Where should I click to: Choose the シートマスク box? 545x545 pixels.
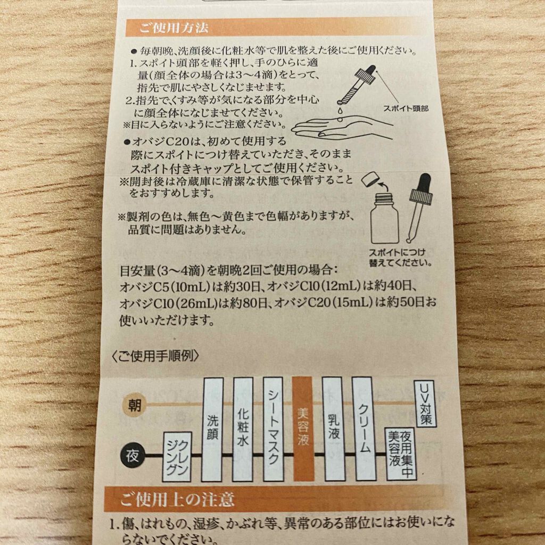click(273, 428)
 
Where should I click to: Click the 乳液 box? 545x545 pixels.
click(334, 428)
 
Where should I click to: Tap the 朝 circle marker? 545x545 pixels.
click(131, 406)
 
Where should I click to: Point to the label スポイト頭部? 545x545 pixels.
click(407, 106)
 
